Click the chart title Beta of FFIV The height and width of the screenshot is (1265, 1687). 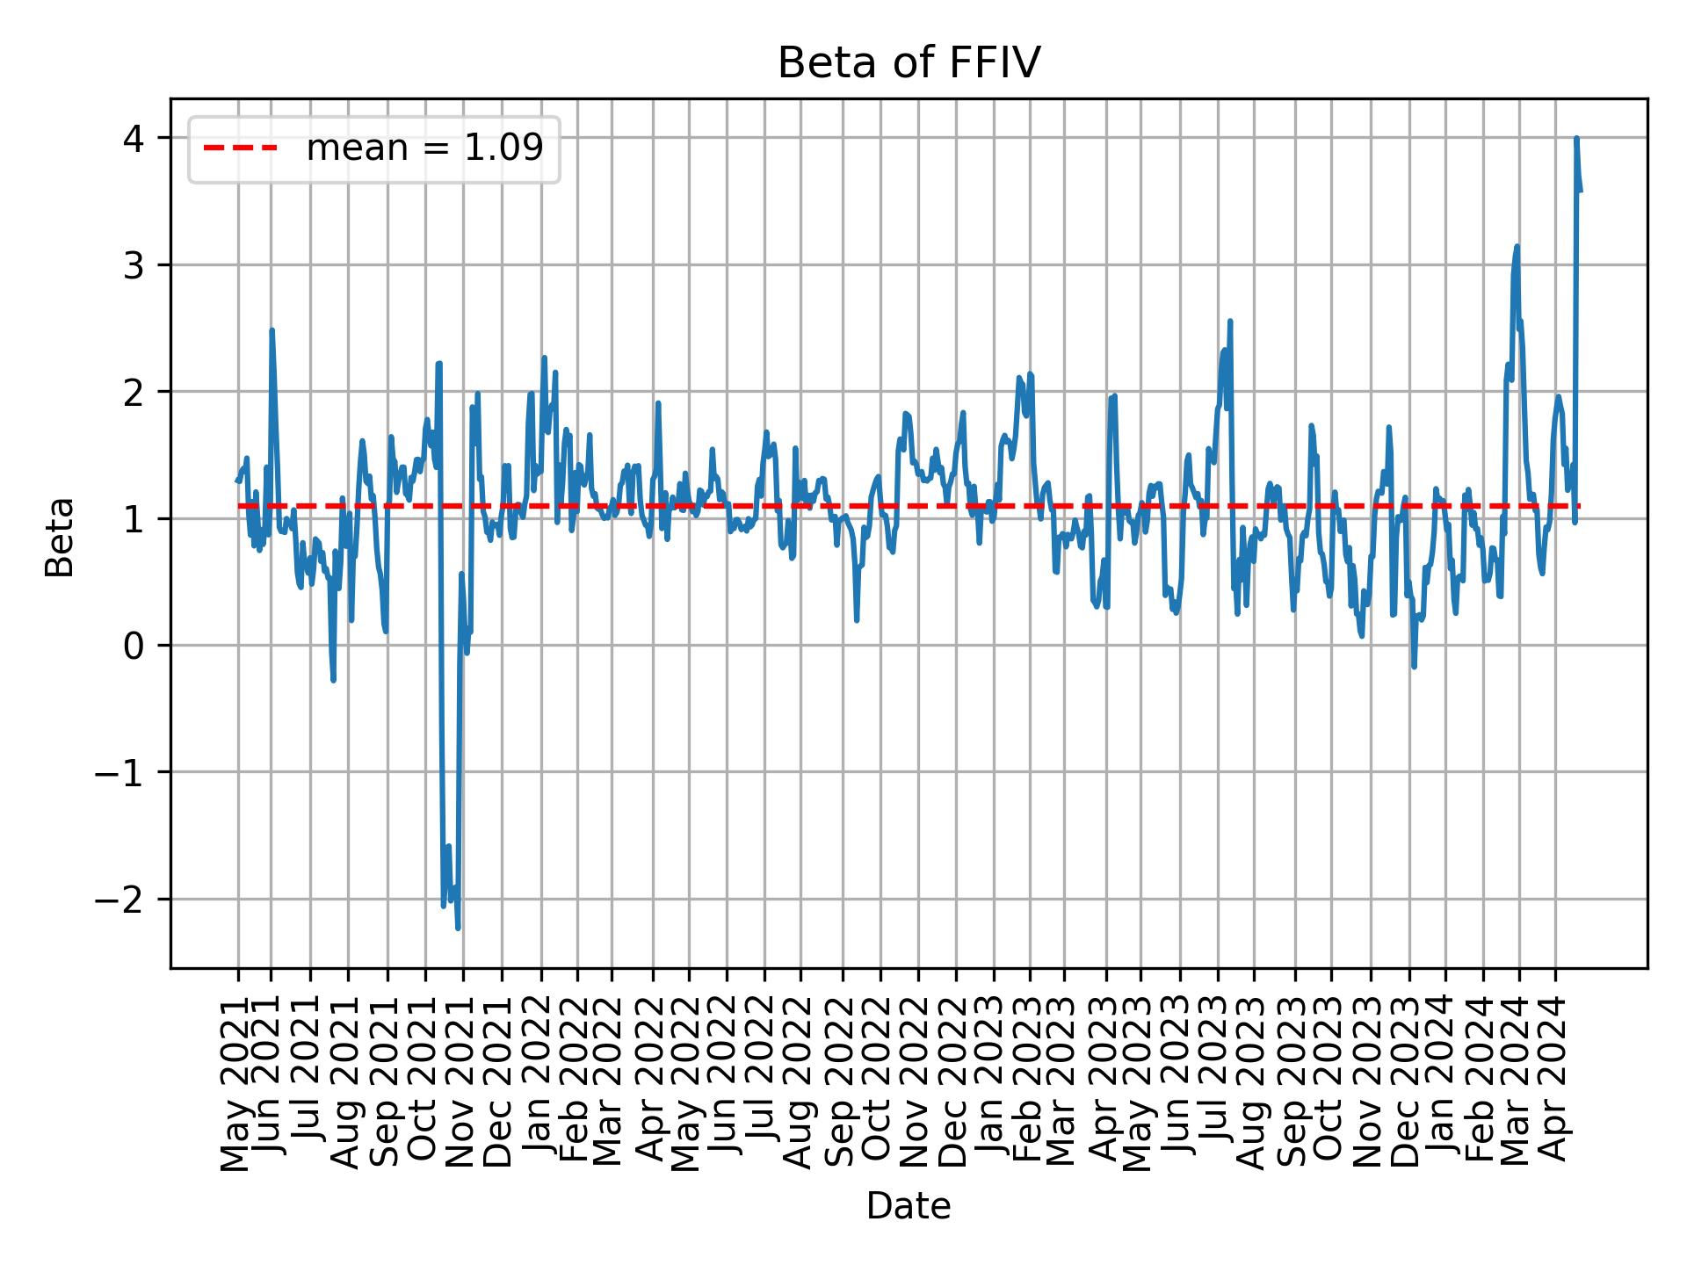click(x=909, y=63)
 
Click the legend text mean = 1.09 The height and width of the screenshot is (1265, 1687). click(x=424, y=148)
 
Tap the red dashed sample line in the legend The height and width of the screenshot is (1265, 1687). click(x=240, y=148)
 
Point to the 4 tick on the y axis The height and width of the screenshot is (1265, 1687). click(x=134, y=139)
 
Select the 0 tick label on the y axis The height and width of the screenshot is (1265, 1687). click(x=134, y=647)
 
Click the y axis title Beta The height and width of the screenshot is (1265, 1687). click(x=60, y=537)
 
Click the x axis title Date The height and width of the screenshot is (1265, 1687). click(x=909, y=1206)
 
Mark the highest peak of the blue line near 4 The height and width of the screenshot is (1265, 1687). click(x=1576, y=139)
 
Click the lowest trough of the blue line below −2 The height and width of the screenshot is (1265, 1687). click(x=458, y=928)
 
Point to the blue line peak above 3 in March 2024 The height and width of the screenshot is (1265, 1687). click(x=1517, y=247)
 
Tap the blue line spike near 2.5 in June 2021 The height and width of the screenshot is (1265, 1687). click(x=272, y=330)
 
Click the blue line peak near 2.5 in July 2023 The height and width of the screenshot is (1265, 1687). click(x=1230, y=322)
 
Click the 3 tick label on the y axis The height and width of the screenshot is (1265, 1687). click(x=134, y=266)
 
